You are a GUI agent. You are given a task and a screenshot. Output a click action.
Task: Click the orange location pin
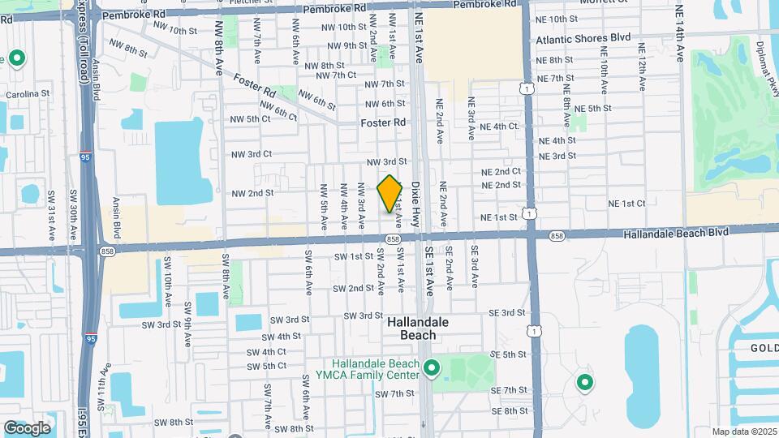389,193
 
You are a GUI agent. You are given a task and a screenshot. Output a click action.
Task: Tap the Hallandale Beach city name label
417,328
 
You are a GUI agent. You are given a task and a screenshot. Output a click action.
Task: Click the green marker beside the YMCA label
432,370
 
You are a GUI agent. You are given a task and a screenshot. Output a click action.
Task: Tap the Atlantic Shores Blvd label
583,38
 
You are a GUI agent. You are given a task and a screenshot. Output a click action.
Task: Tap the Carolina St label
23,94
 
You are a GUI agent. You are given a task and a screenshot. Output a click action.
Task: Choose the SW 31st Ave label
51,215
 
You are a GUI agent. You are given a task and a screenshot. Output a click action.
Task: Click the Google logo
27,427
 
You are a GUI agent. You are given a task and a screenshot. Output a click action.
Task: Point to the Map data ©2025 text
744,432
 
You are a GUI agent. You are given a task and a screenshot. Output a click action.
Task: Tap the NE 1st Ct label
626,203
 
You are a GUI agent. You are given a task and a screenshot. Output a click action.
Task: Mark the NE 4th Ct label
499,127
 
